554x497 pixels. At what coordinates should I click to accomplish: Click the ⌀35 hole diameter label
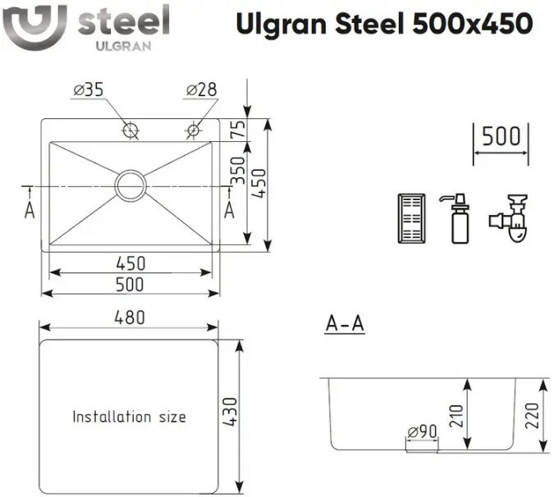[x=89, y=89]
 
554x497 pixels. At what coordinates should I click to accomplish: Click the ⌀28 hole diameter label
[x=201, y=89]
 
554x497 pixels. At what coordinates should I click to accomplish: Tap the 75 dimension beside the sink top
[x=238, y=130]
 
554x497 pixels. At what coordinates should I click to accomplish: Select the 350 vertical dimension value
[x=238, y=171]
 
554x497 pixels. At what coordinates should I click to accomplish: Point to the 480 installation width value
[x=130, y=317]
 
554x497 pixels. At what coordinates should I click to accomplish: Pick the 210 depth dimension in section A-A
[x=456, y=416]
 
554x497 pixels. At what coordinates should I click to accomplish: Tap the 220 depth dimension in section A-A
[x=532, y=416]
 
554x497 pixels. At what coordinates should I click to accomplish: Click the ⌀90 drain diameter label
[x=422, y=431]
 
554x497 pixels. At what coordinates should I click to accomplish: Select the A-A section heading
[x=345, y=323]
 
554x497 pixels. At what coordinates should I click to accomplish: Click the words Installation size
[x=129, y=417]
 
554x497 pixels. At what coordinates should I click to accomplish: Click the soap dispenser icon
[x=458, y=218]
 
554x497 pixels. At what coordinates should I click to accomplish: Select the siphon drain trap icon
[x=509, y=217]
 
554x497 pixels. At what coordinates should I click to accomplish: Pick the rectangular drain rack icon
[x=412, y=218]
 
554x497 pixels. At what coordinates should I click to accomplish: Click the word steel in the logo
[x=123, y=21]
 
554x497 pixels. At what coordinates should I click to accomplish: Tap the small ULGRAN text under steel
[x=123, y=46]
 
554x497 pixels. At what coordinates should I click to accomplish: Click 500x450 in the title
[x=473, y=23]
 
